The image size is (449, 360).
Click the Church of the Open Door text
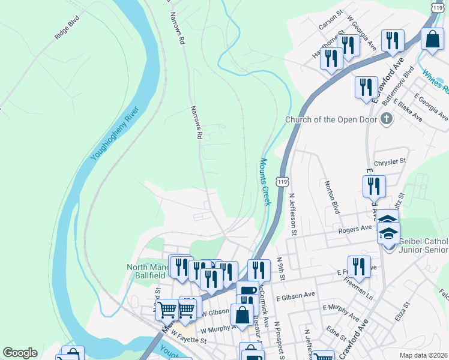tap(331, 119)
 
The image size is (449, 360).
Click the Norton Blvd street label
tap(332, 197)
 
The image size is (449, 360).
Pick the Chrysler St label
tap(390, 161)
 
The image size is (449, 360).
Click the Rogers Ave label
tap(355, 229)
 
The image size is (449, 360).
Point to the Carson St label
tap(331, 19)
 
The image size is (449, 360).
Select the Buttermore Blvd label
tap(401, 82)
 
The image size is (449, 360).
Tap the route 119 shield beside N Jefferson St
tap(282, 181)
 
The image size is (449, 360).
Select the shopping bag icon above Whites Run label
tap(433, 40)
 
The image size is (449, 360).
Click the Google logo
tap(20, 353)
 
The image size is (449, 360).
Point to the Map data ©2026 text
tap(424, 355)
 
